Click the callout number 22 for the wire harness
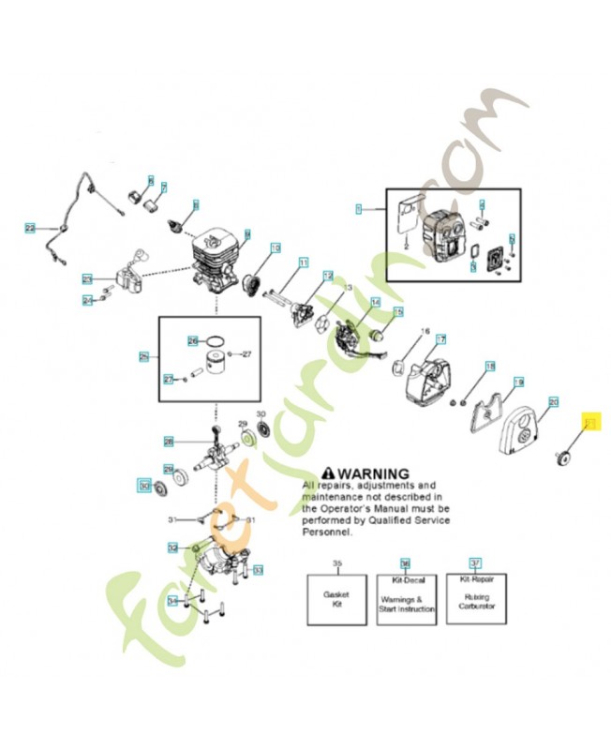30,228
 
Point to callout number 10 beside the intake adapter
275,248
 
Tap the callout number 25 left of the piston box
144,356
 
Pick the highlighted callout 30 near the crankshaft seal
144,486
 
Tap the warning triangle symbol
328,473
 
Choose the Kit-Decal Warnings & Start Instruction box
406,599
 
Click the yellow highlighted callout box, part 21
590,424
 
